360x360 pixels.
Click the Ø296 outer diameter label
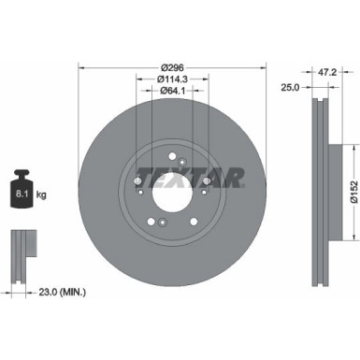pos(172,67)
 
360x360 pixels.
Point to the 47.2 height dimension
pos(327,70)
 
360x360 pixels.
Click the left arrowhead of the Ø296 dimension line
pos(81,67)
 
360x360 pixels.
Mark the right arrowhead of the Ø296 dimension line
pos(263,67)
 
